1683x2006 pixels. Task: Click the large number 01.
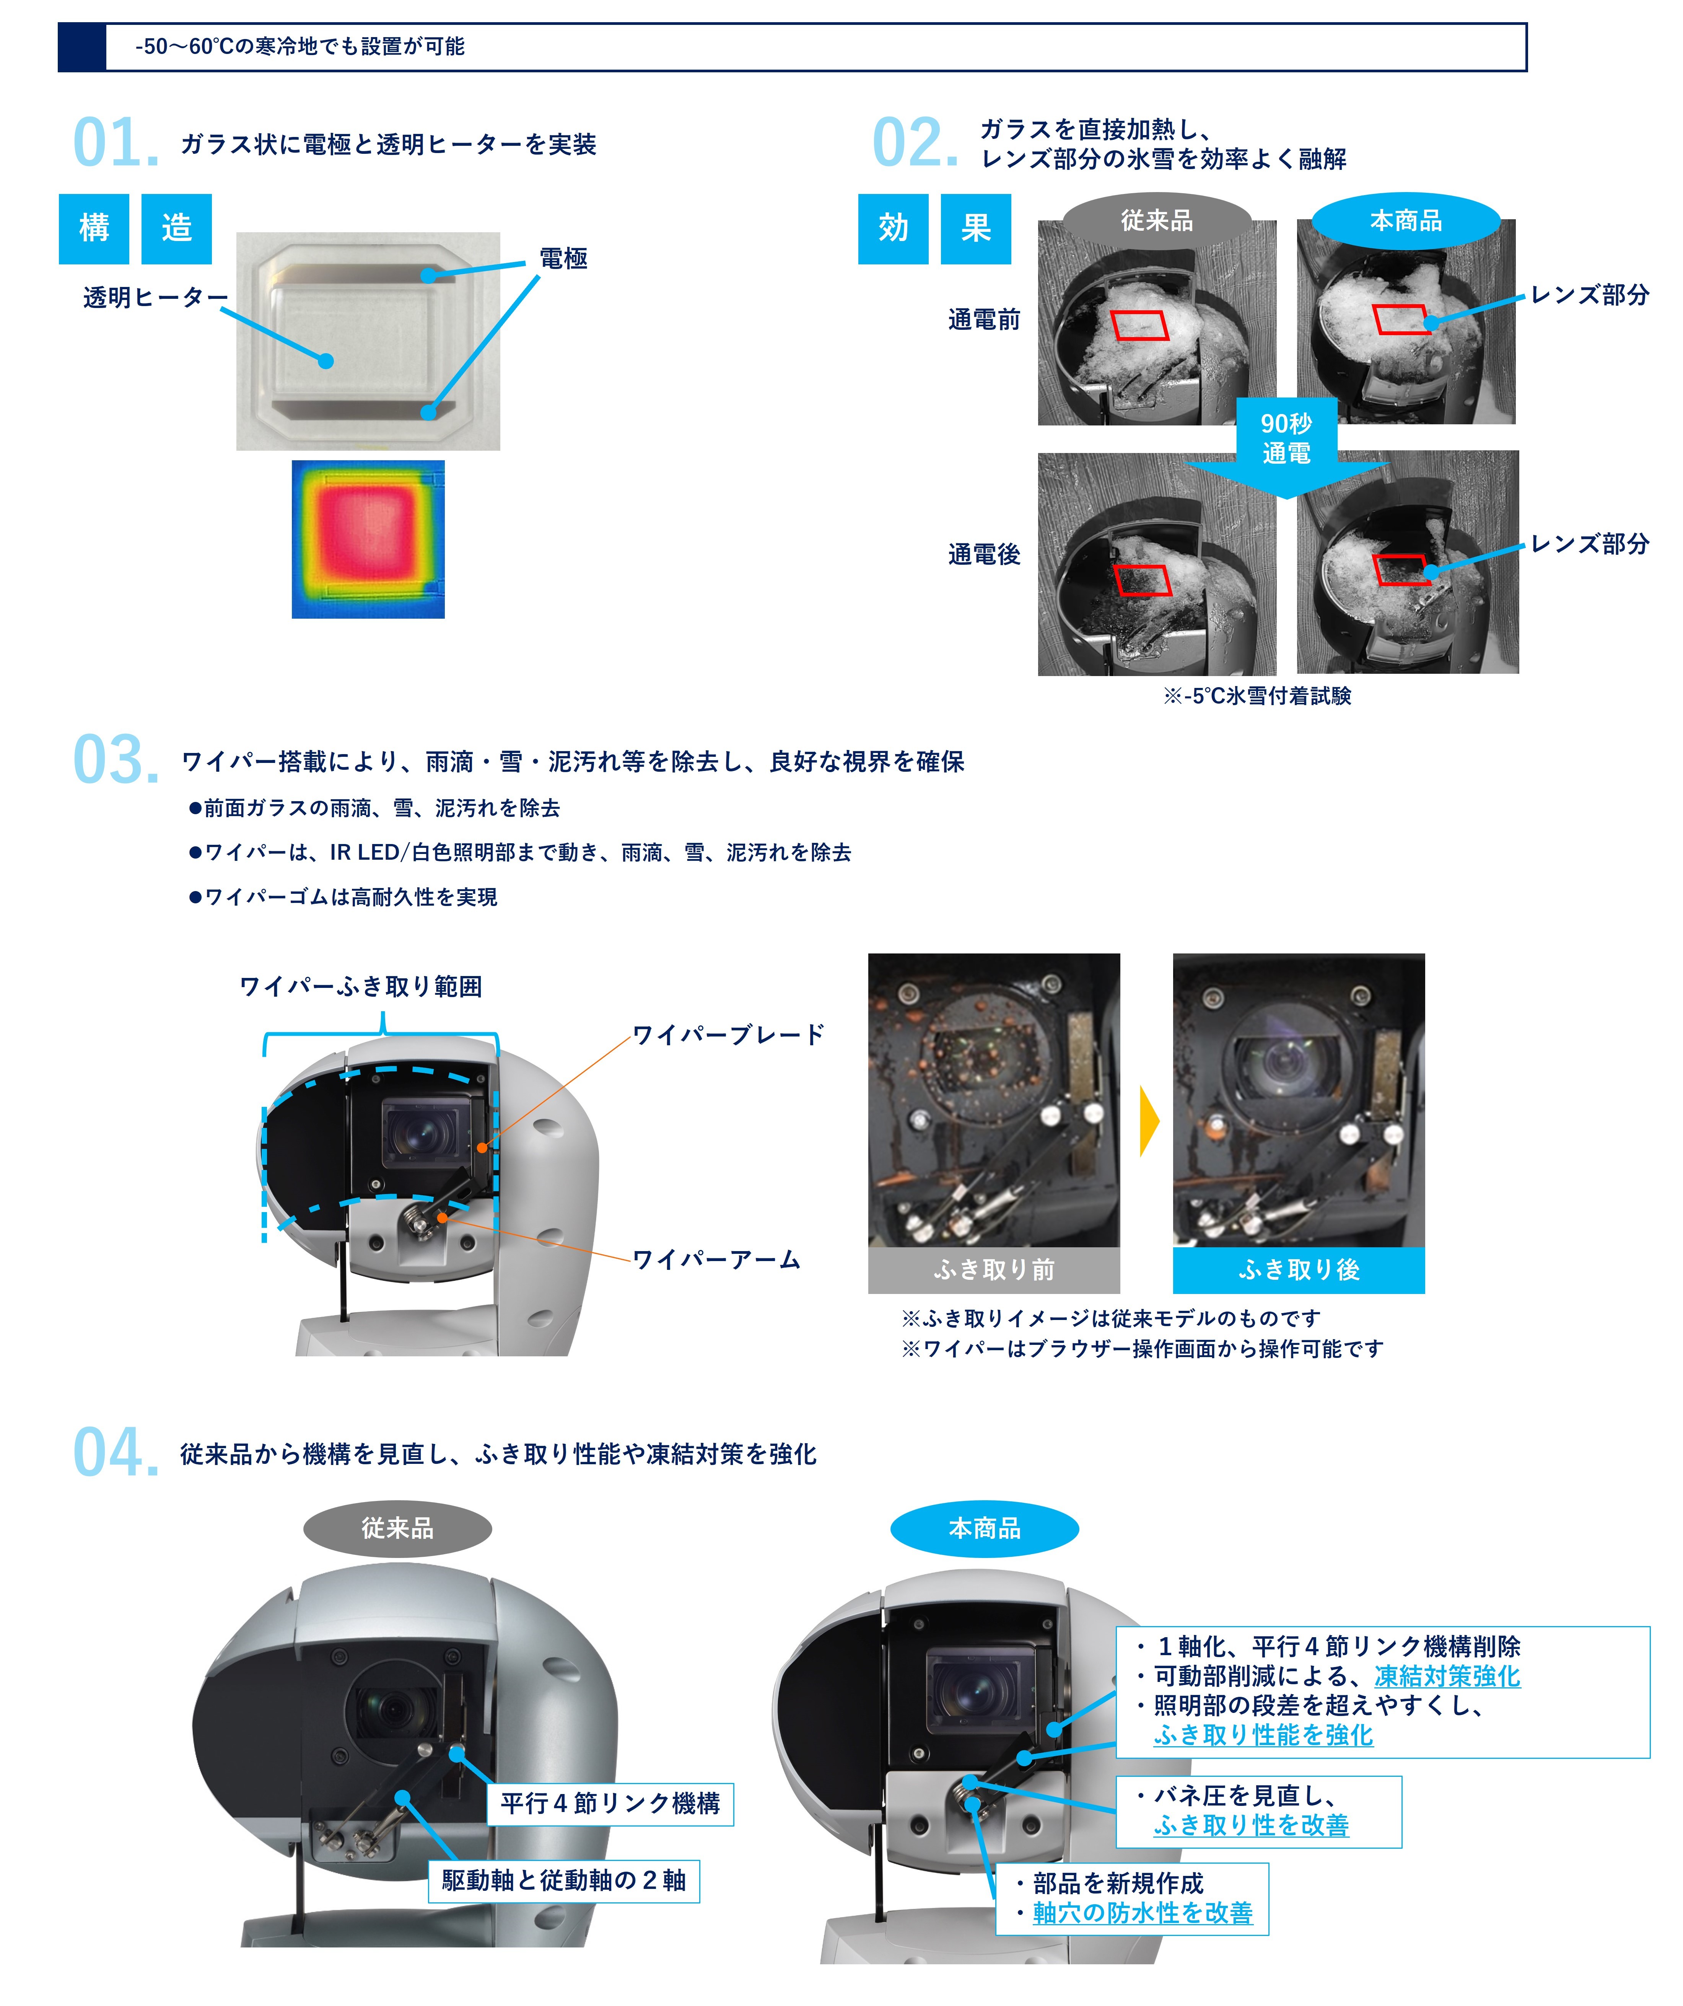tap(116, 143)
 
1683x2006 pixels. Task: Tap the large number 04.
tap(116, 1453)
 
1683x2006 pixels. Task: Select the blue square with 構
tap(94, 228)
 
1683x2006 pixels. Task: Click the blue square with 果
tap(975, 228)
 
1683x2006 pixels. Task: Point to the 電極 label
tap(563, 258)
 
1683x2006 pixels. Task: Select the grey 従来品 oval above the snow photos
tap(1157, 221)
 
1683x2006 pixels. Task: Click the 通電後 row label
tap(984, 554)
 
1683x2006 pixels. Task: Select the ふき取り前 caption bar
tap(993, 1269)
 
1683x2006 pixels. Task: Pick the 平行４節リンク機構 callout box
tap(610, 1804)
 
